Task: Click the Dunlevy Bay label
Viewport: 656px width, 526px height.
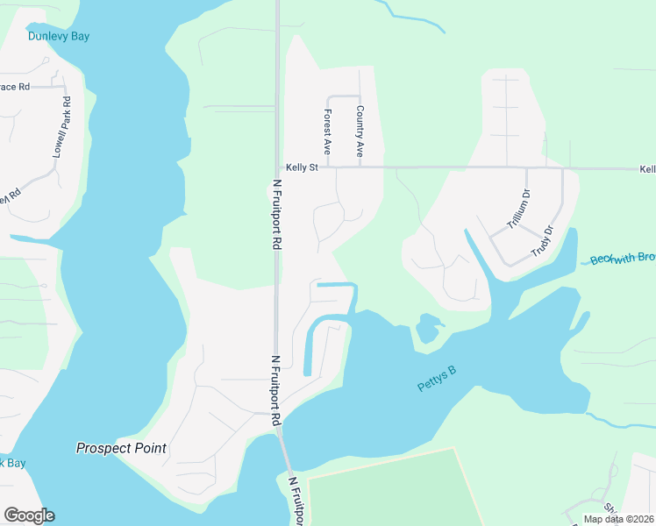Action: [x=59, y=36]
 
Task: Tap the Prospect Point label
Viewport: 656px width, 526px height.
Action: [x=121, y=448]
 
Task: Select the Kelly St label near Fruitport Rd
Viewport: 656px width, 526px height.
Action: [x=302, y=167]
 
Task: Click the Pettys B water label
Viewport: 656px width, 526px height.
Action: [x=437, y=380]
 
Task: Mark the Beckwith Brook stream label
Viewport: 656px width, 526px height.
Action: [x=623, y=258]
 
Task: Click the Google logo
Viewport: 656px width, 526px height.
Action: [x=29, y=515]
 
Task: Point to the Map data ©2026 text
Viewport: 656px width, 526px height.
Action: [x=618, y=519]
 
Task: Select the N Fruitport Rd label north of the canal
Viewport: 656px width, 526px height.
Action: [x=276, y=215]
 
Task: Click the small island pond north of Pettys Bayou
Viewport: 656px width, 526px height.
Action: [x=428, y=329]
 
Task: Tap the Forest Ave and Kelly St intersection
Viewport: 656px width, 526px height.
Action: [x=327, y=167]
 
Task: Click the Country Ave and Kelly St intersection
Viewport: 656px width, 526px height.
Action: [x=360, y=167]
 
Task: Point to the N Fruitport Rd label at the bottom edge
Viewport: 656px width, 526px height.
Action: [x=295, y=501]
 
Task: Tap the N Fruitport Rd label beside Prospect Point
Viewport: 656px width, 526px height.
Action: [x=275, y=390]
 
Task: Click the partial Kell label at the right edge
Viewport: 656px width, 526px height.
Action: [x=646, y=168]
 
